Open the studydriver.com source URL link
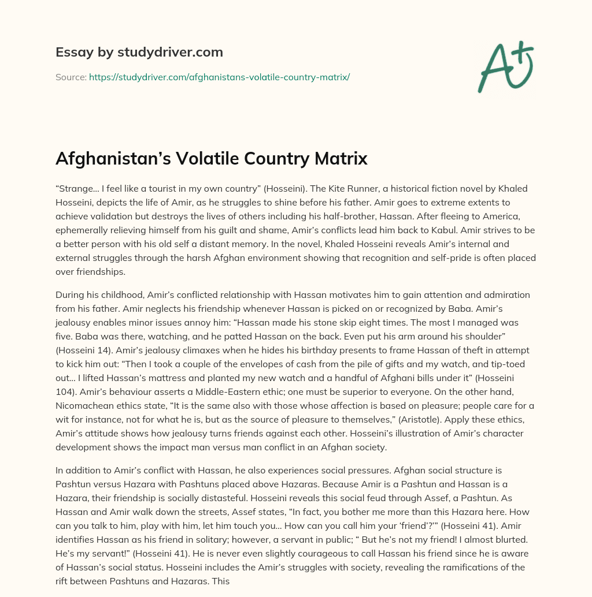[219, 77]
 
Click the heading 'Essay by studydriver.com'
[139, 52]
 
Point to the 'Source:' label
[71, 77]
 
